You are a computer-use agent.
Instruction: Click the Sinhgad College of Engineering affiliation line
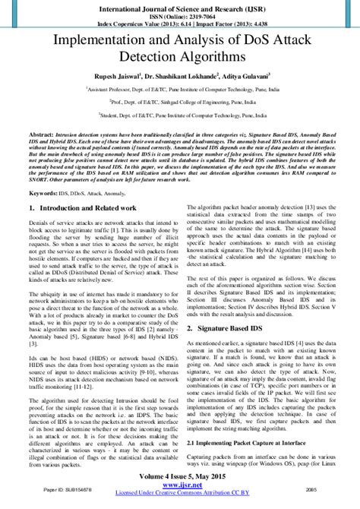coord(180,100)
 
